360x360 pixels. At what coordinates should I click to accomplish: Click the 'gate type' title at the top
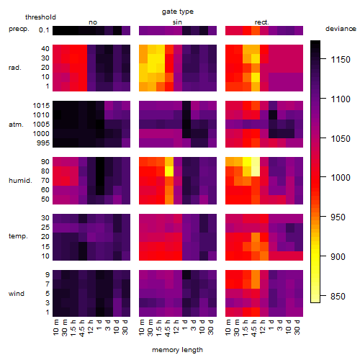click(178, 12)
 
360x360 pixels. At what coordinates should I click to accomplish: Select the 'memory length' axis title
click(177, 350)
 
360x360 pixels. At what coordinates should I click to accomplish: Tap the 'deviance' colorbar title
click(341, 29)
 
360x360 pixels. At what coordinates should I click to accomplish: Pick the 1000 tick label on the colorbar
click(341, 178)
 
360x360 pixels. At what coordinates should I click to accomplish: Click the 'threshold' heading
click(40, 17)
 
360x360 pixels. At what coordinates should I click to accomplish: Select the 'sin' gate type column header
click(177, 22)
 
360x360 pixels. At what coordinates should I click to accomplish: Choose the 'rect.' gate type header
click(262, 22)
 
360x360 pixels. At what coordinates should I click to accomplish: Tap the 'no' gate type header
click(93, 22)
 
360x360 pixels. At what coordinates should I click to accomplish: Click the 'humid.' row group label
click(20, 181)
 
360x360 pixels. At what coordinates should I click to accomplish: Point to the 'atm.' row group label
click(16, 125)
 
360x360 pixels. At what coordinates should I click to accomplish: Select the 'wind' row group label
click(17, 294)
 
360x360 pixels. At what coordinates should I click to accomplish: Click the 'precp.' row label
click(19, 30)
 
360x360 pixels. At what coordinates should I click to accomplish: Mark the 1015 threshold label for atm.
click(41, 106)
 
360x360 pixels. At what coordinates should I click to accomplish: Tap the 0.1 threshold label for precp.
click(44, 30)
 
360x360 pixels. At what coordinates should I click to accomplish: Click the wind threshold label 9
click(48, 275)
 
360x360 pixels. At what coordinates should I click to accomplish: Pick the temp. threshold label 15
click(45, 246)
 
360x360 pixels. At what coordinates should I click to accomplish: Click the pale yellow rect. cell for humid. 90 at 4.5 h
click(256, 162)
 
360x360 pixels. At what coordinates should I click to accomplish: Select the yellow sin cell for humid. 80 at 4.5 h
click(169, 171)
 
